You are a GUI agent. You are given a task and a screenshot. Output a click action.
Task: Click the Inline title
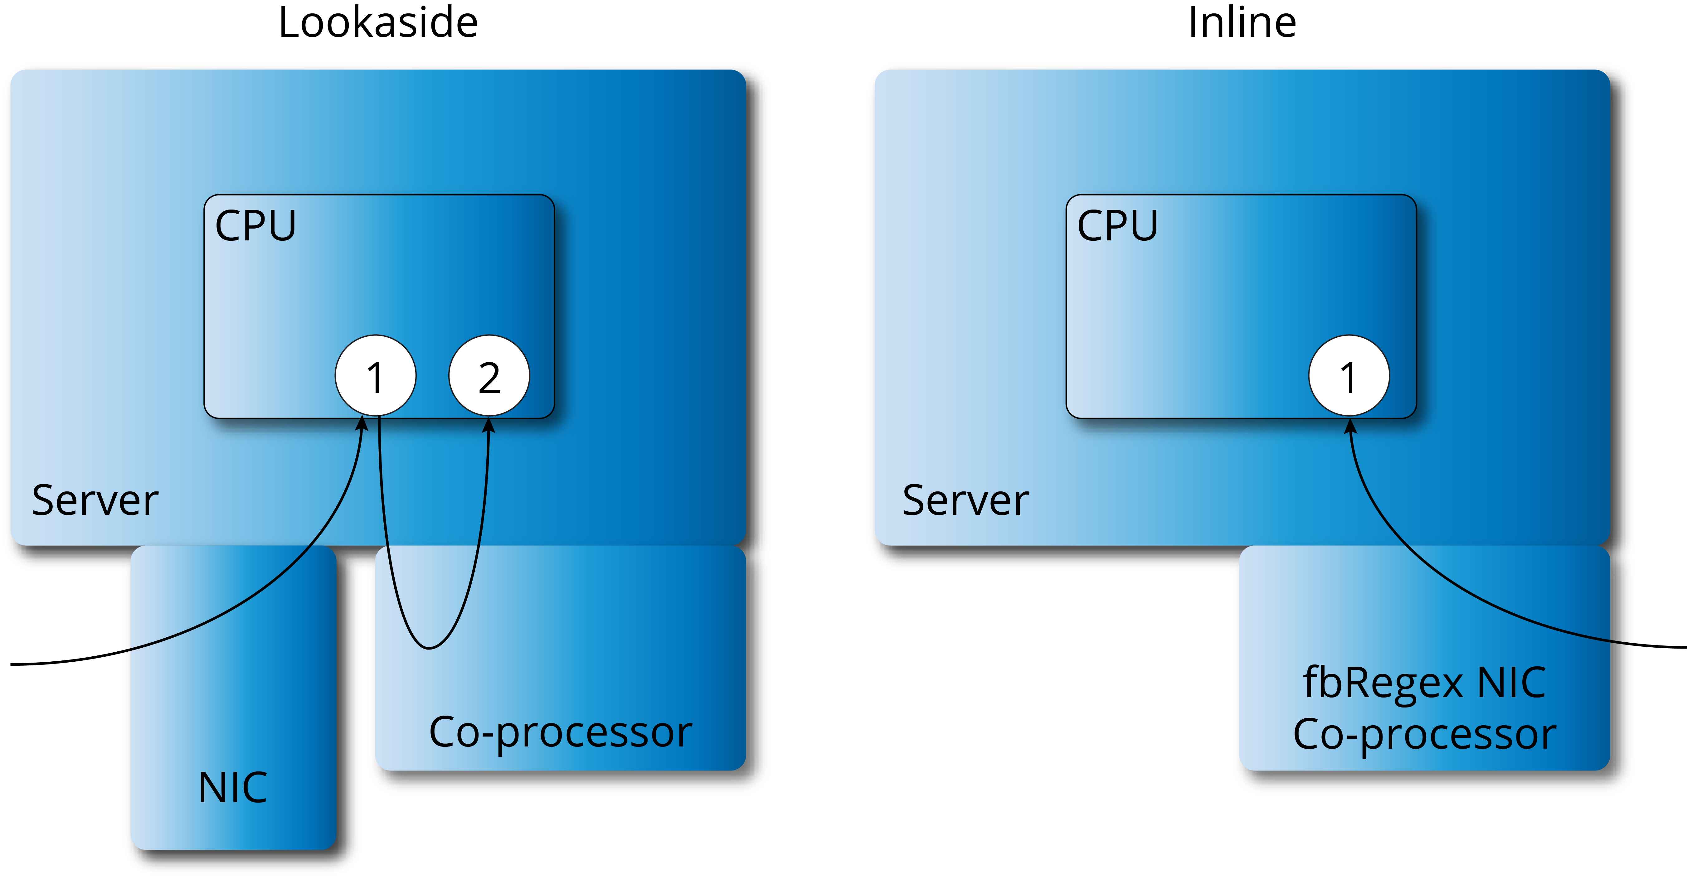pos(1242,23)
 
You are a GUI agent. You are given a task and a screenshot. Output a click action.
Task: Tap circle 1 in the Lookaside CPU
pos(375,376)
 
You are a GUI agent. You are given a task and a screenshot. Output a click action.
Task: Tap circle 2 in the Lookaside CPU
pos(489,376)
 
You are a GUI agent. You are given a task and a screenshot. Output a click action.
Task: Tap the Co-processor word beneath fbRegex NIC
pos(1424,734)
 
